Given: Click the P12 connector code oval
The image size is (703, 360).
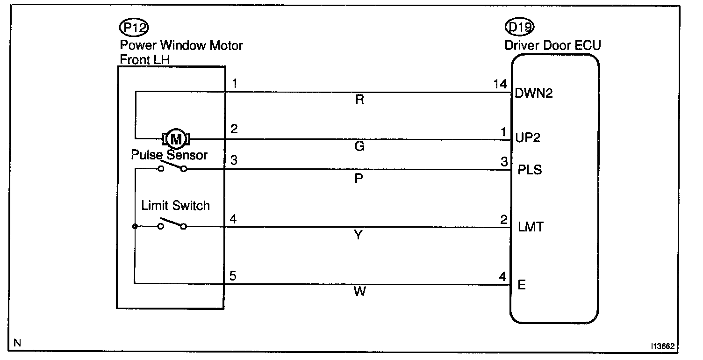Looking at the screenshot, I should point(134,28).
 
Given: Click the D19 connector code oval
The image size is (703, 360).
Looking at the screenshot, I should point(520,28).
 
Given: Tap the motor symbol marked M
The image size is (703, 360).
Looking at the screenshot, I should point(176,139).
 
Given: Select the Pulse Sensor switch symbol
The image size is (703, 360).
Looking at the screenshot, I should point(172,167).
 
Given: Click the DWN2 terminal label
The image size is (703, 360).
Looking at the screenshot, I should point(533,94).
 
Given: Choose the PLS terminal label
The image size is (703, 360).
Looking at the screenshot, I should point(530,170).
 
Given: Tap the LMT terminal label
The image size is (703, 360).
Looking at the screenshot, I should point(531,228).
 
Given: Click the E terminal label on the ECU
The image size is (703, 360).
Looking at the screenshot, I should point(522,285).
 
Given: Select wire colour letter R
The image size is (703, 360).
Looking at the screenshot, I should point(359,100).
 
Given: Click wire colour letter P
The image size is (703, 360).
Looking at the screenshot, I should point(359,178).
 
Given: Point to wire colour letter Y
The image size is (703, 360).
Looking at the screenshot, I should point(359,236).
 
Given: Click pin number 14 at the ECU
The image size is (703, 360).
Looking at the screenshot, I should point(500,85).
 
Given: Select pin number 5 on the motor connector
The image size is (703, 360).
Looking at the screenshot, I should point(233,275).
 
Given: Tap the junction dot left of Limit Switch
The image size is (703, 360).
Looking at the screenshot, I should point(135,227).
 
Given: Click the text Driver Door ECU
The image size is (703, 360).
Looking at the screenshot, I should point(553,45).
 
